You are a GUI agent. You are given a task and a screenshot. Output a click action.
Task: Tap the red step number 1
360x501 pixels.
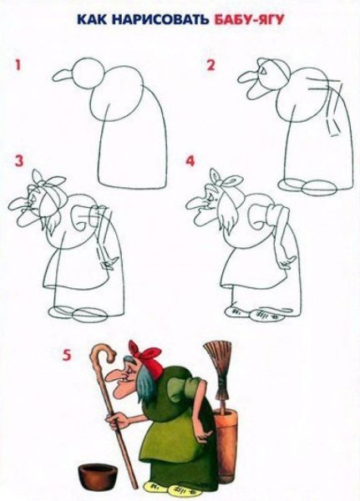pos(16,64)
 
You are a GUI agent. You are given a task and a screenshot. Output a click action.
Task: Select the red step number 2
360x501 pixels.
pos(211,64)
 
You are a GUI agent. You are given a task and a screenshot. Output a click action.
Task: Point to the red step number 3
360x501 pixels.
pos(16,160)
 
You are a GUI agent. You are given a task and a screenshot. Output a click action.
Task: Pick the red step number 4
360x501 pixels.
pos(190,159)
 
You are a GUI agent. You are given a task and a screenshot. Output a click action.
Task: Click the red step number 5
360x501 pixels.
pos(66,354)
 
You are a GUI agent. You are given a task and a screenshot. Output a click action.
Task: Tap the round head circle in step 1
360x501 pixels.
pos(87,70)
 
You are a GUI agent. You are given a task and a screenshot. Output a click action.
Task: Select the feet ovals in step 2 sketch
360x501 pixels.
pos(305,185)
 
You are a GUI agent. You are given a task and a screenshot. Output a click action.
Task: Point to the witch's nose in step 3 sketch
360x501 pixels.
pos(18,204)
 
